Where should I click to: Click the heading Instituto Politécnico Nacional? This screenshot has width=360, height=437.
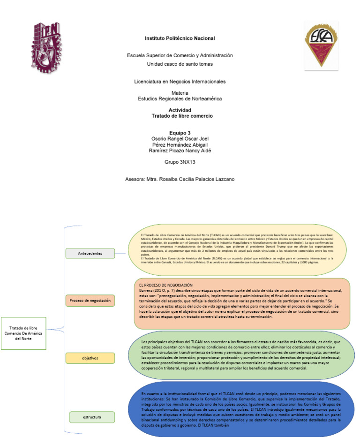[180, 38]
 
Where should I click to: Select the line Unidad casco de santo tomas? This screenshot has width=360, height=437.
[180, 64]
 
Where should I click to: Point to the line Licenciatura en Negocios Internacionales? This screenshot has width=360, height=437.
[180, 82]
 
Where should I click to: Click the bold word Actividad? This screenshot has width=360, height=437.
[180, 110]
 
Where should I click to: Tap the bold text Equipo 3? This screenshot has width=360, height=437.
[180, 133]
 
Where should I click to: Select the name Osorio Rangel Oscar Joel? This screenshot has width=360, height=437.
[180, 139]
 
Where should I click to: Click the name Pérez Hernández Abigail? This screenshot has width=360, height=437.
[180, 144]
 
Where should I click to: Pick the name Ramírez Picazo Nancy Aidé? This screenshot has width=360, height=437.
[180, 151]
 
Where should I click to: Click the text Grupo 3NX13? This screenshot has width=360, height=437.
[180, 162]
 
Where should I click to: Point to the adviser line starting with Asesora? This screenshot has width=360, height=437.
[180, 179]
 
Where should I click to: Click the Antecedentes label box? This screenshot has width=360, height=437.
[90, 254]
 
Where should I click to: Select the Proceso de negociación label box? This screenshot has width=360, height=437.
[90, 300]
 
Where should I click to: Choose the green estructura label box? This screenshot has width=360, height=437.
[92, 416]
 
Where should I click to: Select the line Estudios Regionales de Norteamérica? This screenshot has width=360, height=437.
[180, 99]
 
